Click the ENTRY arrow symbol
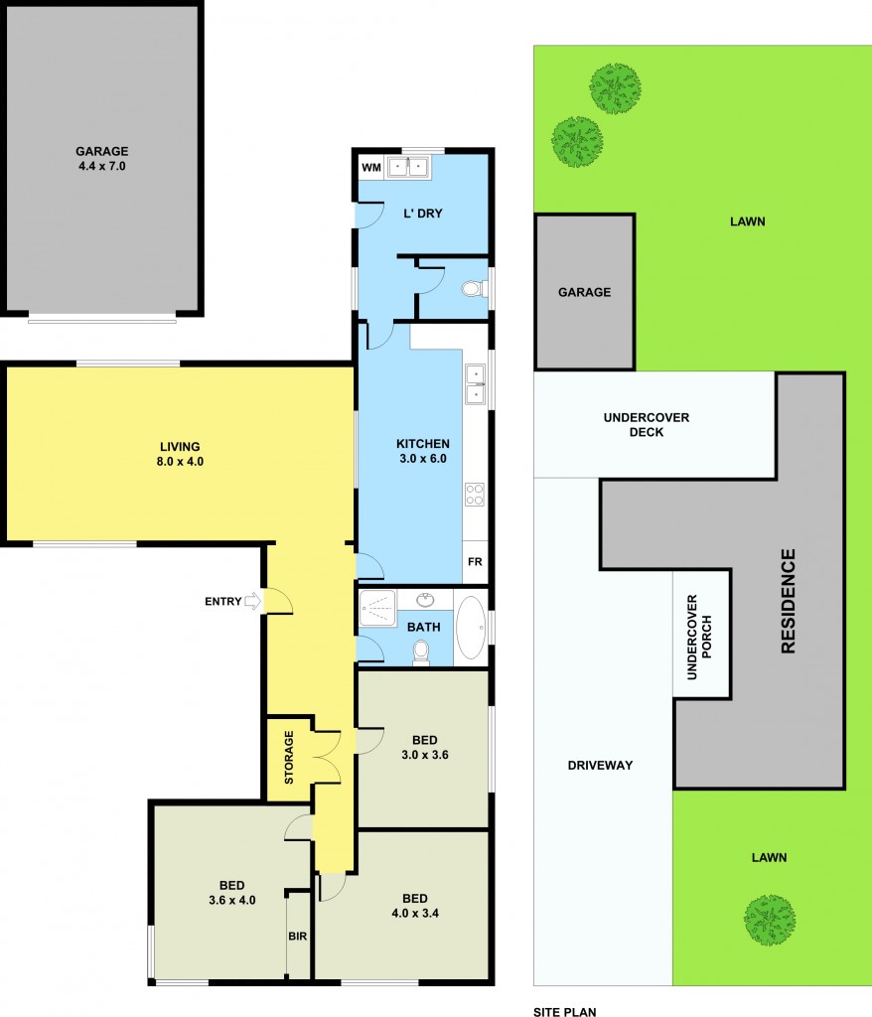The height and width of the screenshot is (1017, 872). click(252, 601)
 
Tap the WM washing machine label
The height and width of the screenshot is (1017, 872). click(370, 167)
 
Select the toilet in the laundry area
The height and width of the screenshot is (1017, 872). click(474, 289)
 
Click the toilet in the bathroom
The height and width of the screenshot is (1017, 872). click(421, 652)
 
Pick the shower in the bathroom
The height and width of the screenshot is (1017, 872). click(378, 607)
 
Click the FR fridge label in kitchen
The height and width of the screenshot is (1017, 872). click(475, 562)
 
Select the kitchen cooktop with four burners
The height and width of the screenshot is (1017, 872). click(475, 494)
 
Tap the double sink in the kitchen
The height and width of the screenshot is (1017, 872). click(476, 384)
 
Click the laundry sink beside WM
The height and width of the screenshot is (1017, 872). click(408, 167)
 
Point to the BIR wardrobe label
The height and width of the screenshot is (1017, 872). click(298, 936)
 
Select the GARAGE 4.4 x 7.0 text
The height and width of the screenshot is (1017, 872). click(101, 159)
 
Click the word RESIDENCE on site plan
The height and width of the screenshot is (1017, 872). click(789, 601)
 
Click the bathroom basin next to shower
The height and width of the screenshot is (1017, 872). click(426, 600)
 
